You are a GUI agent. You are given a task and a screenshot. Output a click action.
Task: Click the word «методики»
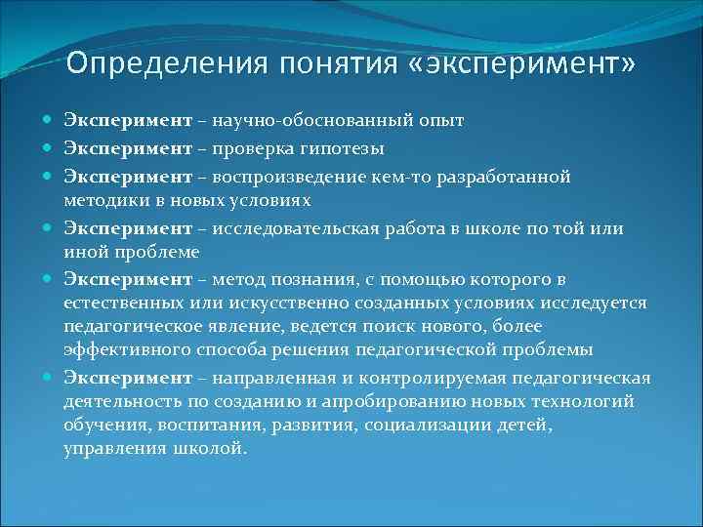click(103, 200)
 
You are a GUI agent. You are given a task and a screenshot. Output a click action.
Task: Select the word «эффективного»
click(116, 350)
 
